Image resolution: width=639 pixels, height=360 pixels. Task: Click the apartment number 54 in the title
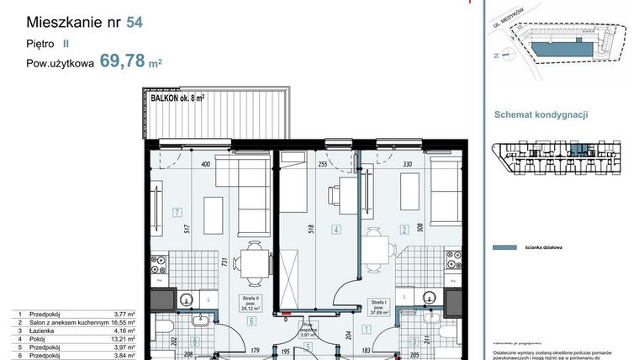(134, 22)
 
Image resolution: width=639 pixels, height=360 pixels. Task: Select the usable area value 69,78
(121, 61)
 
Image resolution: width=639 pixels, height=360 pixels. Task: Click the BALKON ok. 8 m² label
(177, 98)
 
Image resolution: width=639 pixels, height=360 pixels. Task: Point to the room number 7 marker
(176, 212)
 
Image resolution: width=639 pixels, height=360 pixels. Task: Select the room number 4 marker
(336, 229)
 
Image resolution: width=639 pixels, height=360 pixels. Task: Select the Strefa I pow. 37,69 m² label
(380, 304)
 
